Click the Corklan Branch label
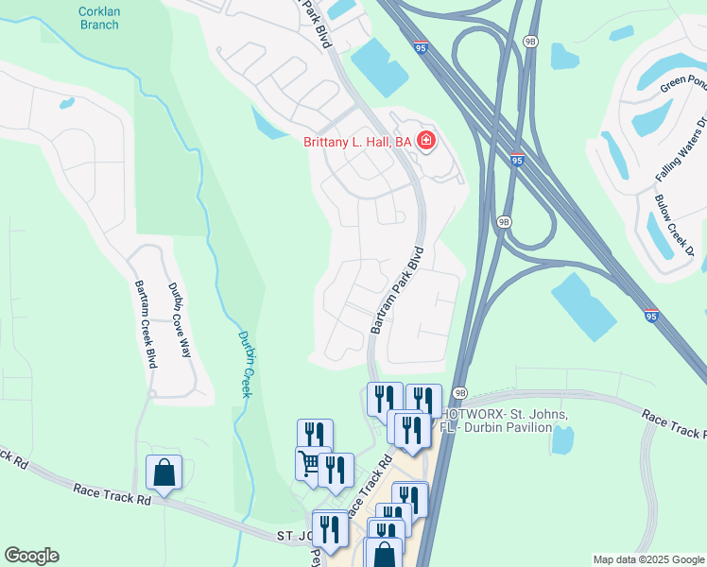pos(99,17)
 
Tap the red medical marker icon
pos(426,142)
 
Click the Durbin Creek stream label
pos(244,364)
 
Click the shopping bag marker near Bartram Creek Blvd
pos(164,472)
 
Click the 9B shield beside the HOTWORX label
pos(460,393)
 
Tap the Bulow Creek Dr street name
pos(675,224)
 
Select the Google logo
pos(31,556)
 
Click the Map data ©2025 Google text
pos(647,559)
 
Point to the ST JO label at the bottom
pos(292,536)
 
